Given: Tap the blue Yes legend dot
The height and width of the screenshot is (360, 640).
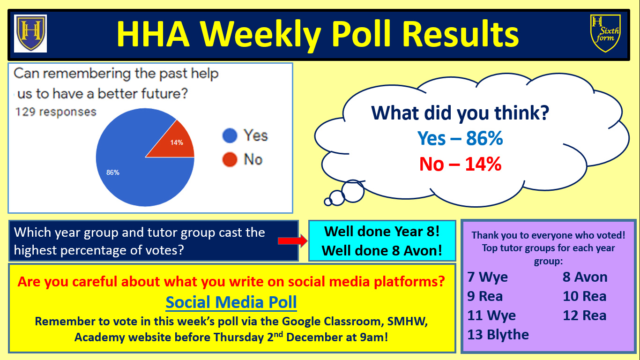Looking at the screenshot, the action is pyautogui.click(x=230, y=135).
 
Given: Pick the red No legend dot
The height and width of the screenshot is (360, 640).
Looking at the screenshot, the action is pyautogui.click(x=230, y=159).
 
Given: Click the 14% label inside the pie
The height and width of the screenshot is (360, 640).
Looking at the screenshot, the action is pyautogui.click(x=177, y=142).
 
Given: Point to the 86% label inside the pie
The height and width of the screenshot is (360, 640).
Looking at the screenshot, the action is pyautogui.click(x=113, y=172).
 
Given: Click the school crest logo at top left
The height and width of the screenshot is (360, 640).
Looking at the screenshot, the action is pyautogui.click(x=30, y=33).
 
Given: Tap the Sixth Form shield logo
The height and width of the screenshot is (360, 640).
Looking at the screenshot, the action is pyautogui.click(x=605, y=33).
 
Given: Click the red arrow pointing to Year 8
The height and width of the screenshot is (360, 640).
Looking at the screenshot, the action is pyautogui.click(x=292, y=241).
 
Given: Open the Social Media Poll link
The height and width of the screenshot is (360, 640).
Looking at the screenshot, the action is pyautogui.click(x=231, y=302).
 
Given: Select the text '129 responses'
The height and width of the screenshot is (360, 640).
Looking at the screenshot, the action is pyautogui.click(x=56, y=112).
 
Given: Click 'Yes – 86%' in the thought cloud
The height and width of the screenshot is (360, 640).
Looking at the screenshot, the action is pyautogui.click(x=460, y=138).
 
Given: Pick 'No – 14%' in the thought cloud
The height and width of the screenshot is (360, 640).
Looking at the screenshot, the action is pyautogui.click(x=460, y=164).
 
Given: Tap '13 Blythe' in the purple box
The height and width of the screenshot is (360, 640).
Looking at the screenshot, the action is pyautogui.click(x=498, y=335).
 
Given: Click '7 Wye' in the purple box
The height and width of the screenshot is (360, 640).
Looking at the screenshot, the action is pyautogui.click(x=487, y=277).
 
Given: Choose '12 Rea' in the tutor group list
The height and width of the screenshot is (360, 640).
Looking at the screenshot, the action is pyautogui.click(x=585, y=315).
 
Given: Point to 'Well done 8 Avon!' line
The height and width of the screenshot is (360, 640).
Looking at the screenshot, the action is pyautogui.click(x=382, y=250).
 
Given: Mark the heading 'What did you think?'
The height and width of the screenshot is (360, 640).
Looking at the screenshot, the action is pyautogui.click(x=460, y=113).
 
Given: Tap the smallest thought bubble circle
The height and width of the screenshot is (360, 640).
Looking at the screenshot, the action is pyautogui.click(x=328, y=202).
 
